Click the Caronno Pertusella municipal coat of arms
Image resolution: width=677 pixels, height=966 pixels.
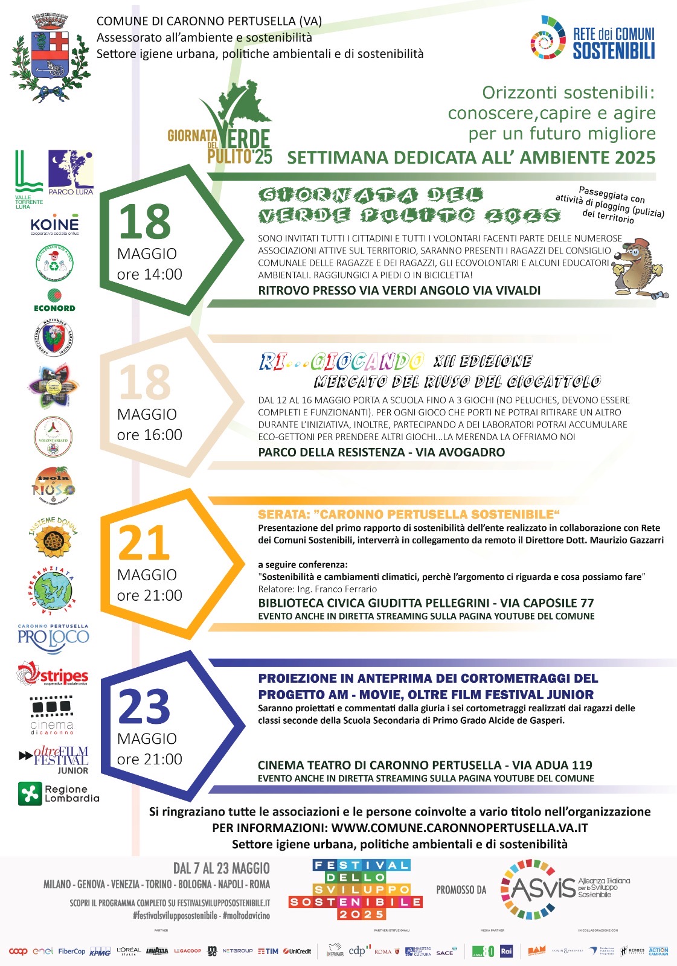coord(50,57)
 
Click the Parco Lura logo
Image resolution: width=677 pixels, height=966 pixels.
coord(71,172)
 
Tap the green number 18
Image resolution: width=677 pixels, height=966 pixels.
coord(145,222)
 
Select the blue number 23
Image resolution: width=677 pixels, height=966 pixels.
coord(145,706)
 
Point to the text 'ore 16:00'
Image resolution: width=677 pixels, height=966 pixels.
coord(150,435)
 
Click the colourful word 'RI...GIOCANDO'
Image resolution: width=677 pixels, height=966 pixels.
coord(341,362)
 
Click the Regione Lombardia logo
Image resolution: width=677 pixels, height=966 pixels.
coord(58,793)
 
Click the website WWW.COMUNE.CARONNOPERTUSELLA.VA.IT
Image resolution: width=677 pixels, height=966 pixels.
coord(460,828)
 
